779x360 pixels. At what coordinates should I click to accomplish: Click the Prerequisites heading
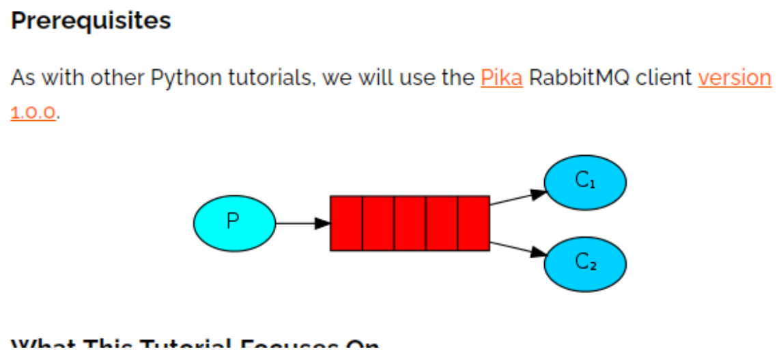91,20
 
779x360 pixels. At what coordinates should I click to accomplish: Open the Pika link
501,78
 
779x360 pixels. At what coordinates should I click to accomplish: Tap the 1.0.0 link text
33,111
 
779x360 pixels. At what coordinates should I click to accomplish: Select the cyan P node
234,223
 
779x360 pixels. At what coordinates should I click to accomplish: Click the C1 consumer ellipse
585,182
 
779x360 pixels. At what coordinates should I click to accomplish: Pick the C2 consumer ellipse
585,264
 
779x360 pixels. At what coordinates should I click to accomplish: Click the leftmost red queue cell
346,223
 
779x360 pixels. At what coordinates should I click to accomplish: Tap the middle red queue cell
410,223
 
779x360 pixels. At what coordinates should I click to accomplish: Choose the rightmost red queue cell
473,223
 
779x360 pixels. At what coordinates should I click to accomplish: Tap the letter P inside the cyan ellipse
233,221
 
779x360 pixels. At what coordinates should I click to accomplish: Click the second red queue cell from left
378,223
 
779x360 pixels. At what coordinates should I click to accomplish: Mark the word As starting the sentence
23,78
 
